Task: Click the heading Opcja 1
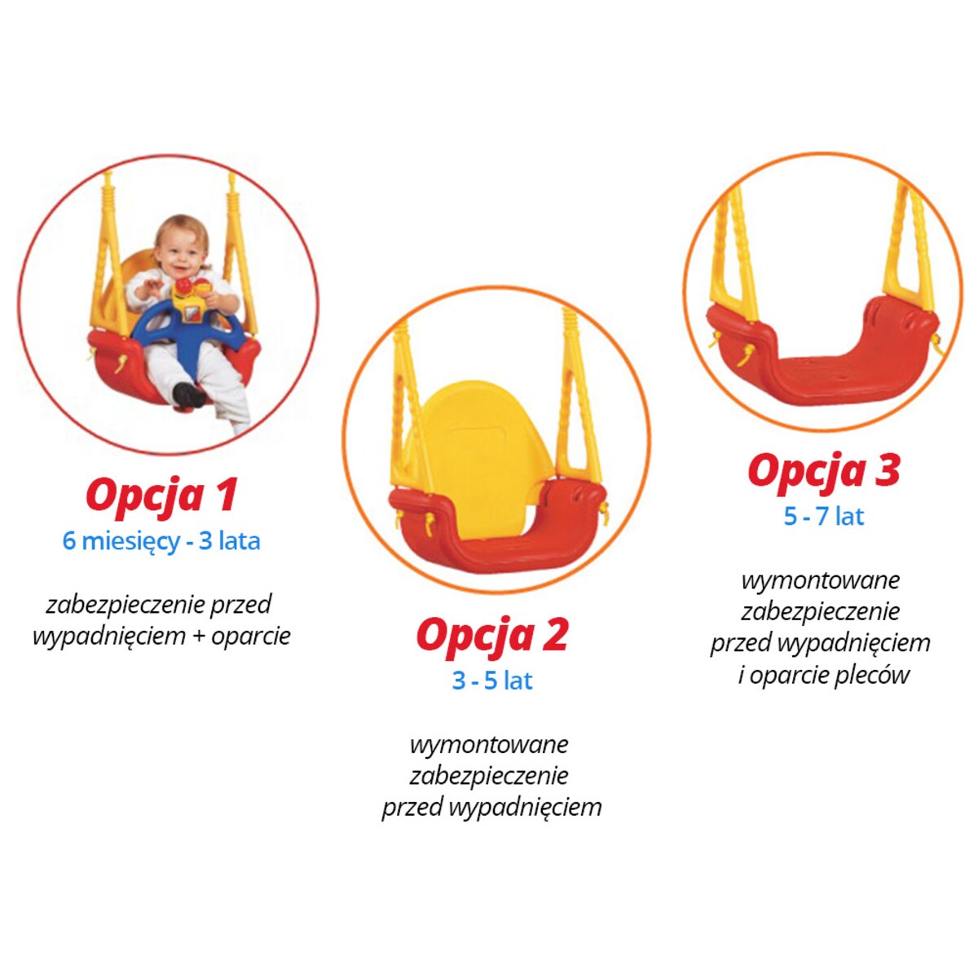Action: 161,495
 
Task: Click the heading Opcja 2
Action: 491,635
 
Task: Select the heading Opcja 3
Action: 823,470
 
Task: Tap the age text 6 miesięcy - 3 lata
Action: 161,541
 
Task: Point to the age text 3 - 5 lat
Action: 491,681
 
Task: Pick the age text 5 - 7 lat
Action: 823,517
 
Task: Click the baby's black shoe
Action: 189,394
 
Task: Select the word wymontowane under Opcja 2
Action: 489,744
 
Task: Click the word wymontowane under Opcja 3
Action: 821,580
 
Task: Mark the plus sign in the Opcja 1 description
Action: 199,637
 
